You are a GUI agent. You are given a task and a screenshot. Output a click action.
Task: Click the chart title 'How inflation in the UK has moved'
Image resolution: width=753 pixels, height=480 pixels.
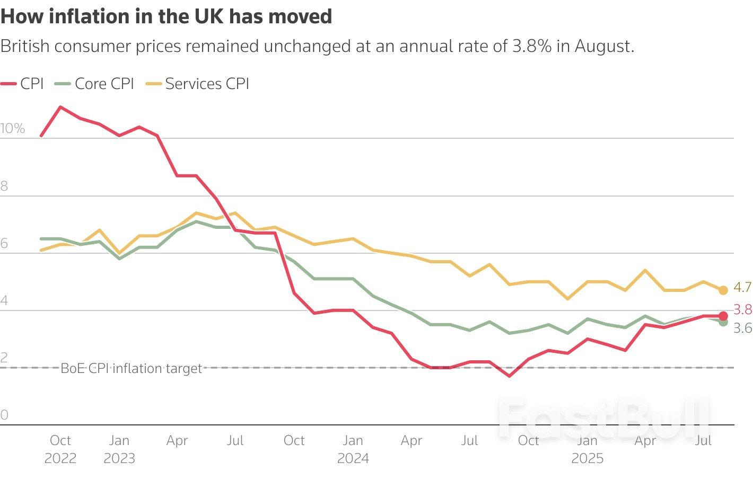[x=166, y=16]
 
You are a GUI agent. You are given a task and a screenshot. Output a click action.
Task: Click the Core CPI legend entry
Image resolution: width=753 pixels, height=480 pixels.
[x=95, y=84]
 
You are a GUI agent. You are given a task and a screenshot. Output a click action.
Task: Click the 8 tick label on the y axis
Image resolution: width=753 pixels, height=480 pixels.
[x=4, y=186]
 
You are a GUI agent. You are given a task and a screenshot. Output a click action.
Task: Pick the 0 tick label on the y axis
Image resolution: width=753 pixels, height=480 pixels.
[x=4, y=415]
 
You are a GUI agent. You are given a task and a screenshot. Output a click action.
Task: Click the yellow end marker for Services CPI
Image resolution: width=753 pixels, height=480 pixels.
[x=723, y=290]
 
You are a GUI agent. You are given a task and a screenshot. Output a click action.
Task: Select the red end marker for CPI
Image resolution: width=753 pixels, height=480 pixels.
[x=723, y=316]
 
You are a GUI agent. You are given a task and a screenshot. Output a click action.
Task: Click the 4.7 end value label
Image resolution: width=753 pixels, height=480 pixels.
[x=742, y=287]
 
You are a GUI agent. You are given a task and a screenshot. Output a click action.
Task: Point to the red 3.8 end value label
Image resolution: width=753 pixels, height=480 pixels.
[x=742, y=309]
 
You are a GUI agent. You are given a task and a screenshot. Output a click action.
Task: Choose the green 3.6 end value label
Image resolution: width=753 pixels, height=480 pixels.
[x=742, y=328]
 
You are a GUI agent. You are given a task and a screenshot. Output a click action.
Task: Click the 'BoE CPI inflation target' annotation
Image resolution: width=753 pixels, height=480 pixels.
[x=131, y=368]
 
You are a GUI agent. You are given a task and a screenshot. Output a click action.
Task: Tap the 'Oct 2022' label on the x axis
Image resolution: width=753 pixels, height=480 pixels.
[x=60, y=449]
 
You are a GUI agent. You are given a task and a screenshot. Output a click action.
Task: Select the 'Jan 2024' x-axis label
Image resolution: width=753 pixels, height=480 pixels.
[x=353, y=449]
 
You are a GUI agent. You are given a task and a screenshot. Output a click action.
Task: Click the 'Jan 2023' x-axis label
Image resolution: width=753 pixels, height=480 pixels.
[x=119, y=449]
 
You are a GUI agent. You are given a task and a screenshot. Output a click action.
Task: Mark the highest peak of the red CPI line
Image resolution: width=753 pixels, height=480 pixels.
[x=60, y=107]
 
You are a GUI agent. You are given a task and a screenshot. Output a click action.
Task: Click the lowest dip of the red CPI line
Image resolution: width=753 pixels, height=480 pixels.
[x=510, y=376]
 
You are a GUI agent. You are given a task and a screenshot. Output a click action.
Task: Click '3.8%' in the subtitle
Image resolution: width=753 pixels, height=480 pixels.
[x=532, y=46]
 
